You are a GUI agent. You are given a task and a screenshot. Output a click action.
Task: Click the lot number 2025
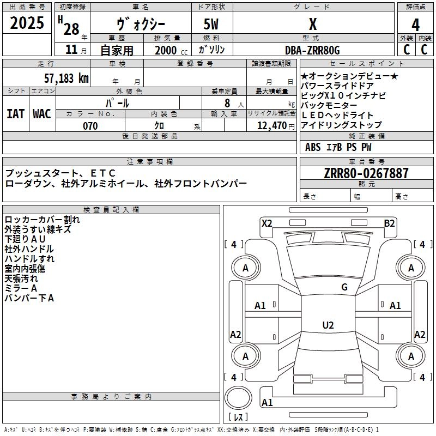click(27, 23)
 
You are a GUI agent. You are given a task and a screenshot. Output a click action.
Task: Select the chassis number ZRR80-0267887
click(366, 173)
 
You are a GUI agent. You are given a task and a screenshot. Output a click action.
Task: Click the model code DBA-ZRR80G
click(312, 50)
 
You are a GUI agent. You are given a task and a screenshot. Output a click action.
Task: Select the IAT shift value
click(15, 113)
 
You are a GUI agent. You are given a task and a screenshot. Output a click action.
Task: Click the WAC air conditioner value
click(42, 113)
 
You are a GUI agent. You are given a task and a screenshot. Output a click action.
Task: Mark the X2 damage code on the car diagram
click(267, 223)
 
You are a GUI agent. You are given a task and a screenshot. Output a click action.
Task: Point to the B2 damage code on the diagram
click(389, 223)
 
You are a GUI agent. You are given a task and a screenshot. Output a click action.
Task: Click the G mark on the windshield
click(344, 287)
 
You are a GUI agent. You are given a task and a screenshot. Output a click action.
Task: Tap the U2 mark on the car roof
click(328, 325)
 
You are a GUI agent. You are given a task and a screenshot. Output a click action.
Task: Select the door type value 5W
click(212, 25)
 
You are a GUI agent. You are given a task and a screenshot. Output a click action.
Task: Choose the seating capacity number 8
click(226, 103)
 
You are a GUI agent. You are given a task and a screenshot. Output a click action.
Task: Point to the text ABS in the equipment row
click(313, 147)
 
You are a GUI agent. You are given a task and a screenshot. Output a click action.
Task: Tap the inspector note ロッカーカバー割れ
click(42, 220)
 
